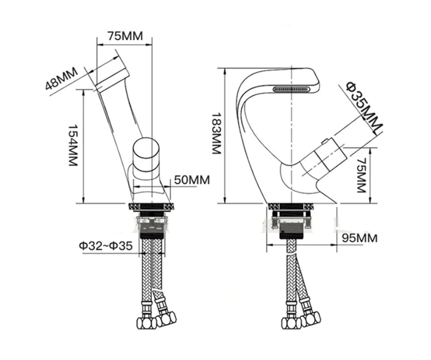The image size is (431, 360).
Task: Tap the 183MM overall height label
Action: point(217,133)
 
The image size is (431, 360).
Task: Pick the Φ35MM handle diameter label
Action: point(364,106)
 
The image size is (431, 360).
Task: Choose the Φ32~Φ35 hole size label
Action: point(106,245)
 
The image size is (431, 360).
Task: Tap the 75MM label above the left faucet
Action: point(125,36)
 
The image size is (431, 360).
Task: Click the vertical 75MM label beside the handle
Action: point(362,175)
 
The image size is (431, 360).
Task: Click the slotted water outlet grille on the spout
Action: point(292,89)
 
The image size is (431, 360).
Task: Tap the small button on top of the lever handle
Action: point(324,142)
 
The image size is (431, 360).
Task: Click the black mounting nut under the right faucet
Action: point(292,233)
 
